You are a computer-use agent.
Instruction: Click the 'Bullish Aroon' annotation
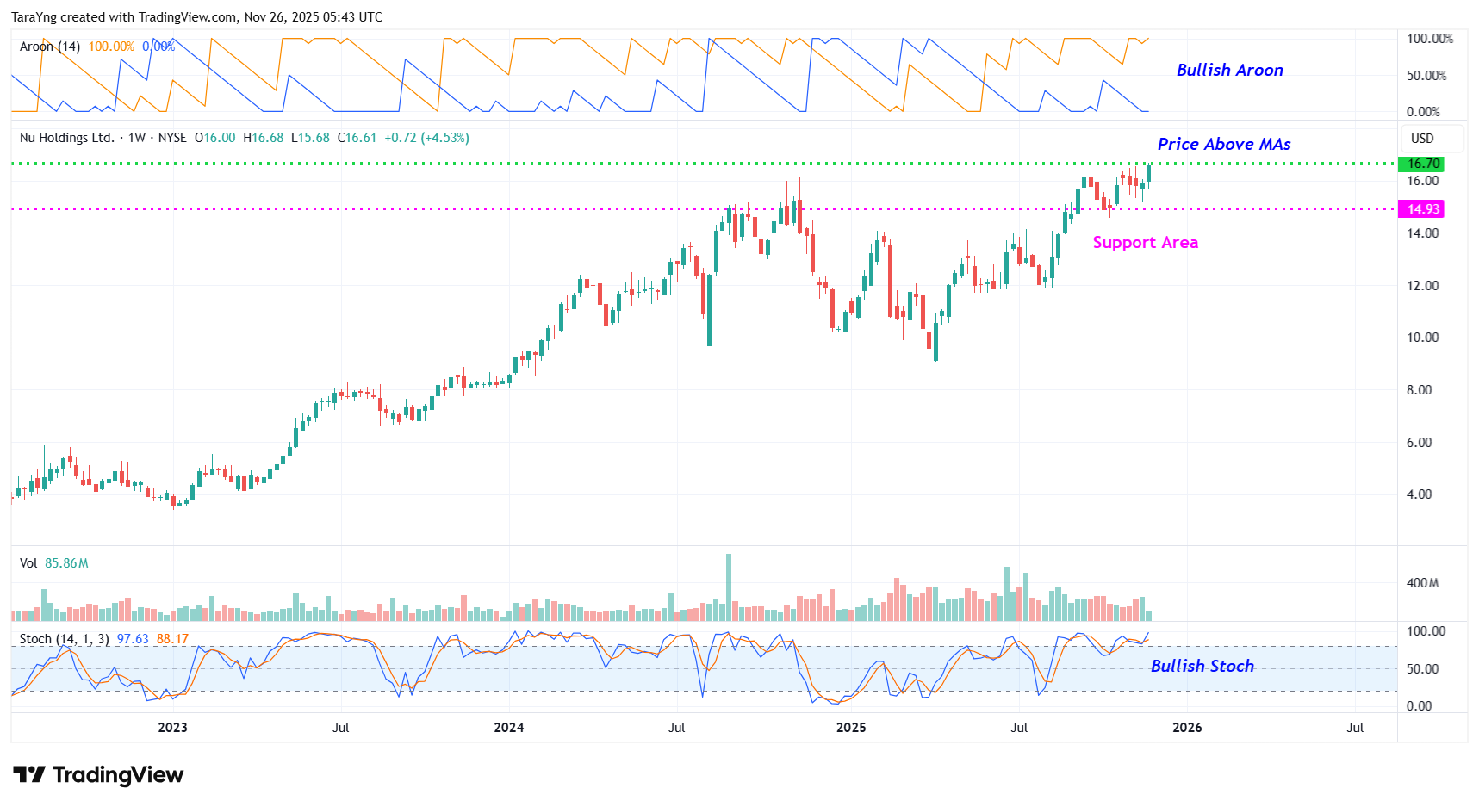(x=1229, y=71)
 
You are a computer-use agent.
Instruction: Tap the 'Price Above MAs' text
(x=1223, y=145)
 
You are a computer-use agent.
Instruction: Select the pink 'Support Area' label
(x=1145, y=243)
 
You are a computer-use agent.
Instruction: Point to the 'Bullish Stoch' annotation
(x=1202, y=666)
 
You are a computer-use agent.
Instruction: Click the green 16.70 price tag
(x=1423, y=164)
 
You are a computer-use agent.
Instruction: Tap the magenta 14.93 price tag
(x=1423, y=209)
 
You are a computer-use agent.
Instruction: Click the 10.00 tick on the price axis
(x=1422, y=338)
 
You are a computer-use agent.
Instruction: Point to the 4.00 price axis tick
(x=1419, y=494)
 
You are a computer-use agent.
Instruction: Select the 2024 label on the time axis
(x=508, y=728)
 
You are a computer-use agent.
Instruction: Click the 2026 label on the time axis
(x=1186, y=728)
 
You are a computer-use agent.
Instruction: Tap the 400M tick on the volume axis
(x=1422, y=583)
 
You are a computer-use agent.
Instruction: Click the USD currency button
(x=1422, y=139)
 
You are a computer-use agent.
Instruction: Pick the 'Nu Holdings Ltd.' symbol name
(x=66, y=138)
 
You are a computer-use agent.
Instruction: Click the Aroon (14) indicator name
(x=50, y=47)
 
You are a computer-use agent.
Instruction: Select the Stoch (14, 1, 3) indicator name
(x=64, y=639)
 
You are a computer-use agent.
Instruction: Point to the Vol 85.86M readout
(x=54, y=563)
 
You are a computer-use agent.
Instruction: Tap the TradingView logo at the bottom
(x=98, y=775)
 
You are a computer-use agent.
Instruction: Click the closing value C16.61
(x=357, y=138)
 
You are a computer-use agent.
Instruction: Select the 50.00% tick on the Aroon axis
(x=1426, y=76)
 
